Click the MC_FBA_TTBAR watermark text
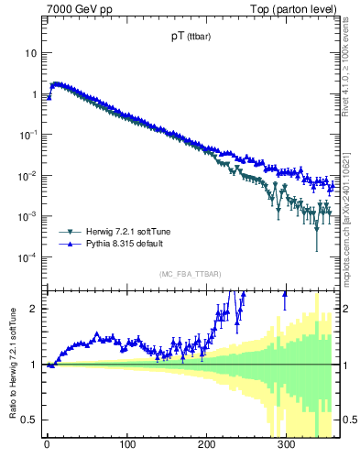click(190, 275)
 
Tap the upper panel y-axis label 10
click(30, 53)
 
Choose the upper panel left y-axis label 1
click(33, 94)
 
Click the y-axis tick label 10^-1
click(27, 135)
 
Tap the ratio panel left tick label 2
click(33, 309)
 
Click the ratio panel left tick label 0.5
click(29, 420)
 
